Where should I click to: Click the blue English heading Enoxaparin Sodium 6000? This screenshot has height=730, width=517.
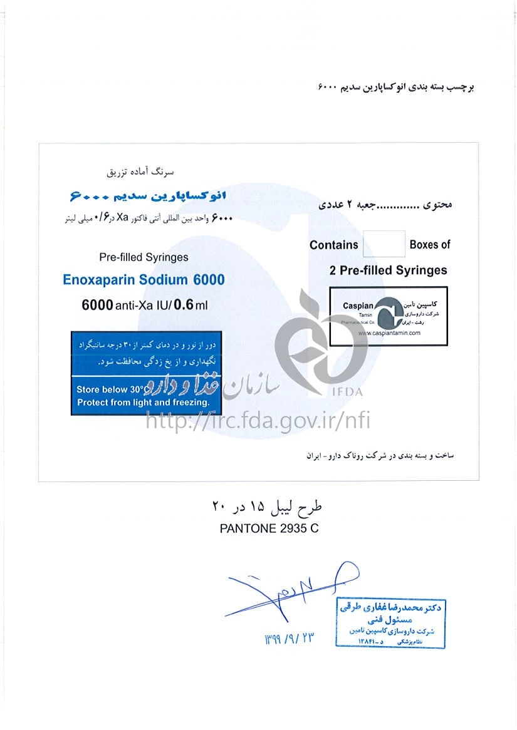coord(144,279)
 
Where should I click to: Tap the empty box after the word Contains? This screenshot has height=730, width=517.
coord(384,244)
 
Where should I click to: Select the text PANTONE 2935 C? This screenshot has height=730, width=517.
coord(269,528)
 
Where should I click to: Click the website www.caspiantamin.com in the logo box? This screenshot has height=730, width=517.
coord(389,334)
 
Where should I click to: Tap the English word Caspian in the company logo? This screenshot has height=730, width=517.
coord(358,306)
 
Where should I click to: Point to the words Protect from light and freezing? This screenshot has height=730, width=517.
coord(143,403)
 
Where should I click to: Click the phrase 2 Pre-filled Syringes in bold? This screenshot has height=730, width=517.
coord(388,270)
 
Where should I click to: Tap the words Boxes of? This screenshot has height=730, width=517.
coord(429,245)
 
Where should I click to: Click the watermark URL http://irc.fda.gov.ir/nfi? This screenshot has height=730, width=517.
coord(258,420)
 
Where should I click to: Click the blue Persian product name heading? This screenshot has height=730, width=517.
coord(147,197)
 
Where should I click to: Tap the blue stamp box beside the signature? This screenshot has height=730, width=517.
coord(390,624)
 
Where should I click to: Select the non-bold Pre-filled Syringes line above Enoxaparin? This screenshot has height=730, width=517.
coord(144,257)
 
